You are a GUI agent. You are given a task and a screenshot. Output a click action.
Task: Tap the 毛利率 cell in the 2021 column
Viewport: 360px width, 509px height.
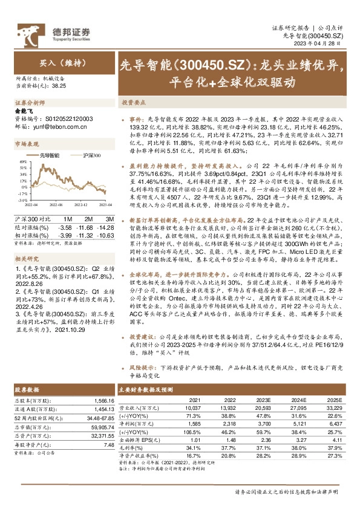tap(192, 447)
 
